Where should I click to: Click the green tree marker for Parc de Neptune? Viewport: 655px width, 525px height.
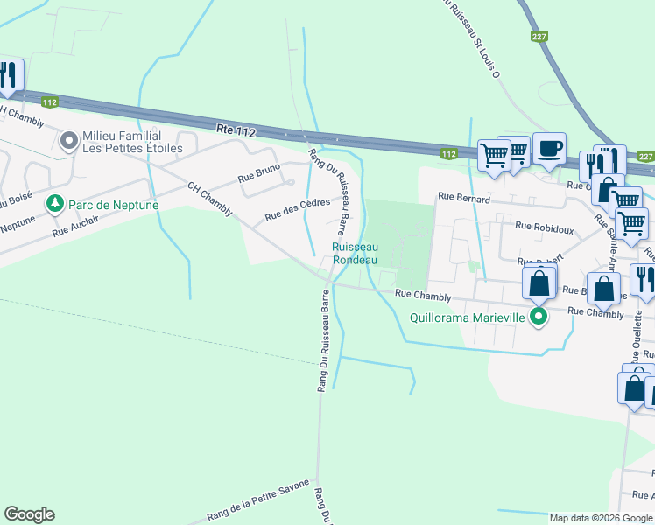click(x=55, y=204)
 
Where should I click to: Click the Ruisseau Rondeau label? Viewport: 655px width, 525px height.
click(x=355, y=254)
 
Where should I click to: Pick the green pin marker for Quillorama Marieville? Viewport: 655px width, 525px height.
click(x=539, y=318)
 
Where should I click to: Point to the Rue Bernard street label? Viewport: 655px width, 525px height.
click(x=464, y=199)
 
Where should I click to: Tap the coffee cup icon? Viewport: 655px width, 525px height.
click(x=549, y=149)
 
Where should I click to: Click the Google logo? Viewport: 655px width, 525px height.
click(x=29, y=514)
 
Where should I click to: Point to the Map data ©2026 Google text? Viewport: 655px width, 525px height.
click(x=601, y=518)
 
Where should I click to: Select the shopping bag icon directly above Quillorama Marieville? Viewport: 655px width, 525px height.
click(x=539, y=283)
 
